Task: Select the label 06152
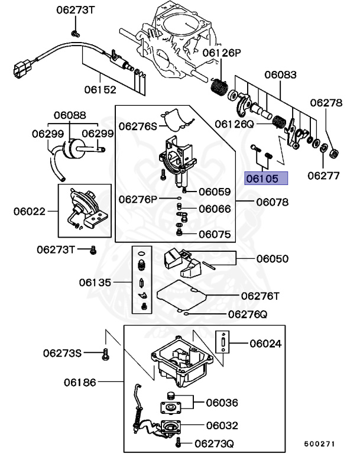(99, 90)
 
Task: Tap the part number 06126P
(222, 53)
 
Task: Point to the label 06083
(280, 75)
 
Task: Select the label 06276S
(138, 126)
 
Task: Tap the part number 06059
(215, 192)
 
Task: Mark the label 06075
(215, 234)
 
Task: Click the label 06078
(272, 202)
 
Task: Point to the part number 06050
(272, 258)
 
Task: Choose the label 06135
(95, 283)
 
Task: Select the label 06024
(265, 343)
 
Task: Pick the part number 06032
(222, 424)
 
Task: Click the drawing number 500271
(320, 443)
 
